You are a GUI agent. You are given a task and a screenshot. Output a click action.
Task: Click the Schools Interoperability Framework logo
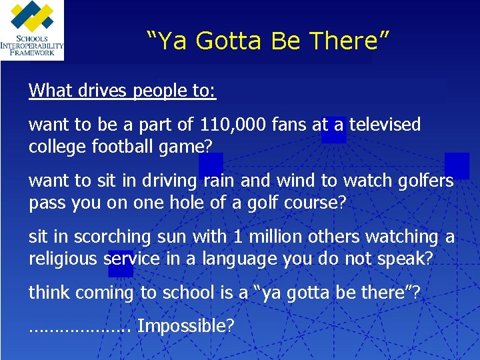click(32, 30)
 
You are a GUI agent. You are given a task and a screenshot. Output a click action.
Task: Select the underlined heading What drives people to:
click(122, 90)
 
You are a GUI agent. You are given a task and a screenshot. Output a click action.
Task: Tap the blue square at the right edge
click(457, 165)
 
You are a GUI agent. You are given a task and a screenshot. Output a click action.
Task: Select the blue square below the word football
click(211, 163)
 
